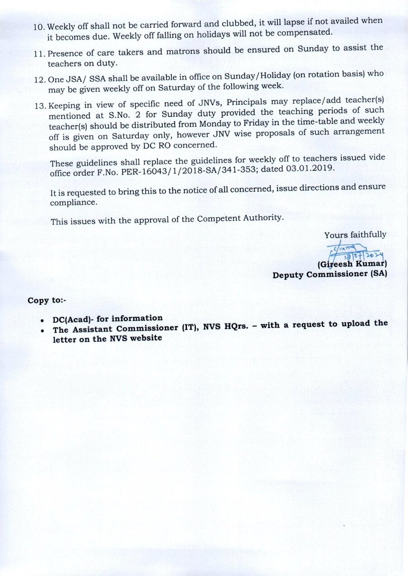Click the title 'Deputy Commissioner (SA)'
click(329, 274)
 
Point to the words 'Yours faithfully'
click(355, 235)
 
